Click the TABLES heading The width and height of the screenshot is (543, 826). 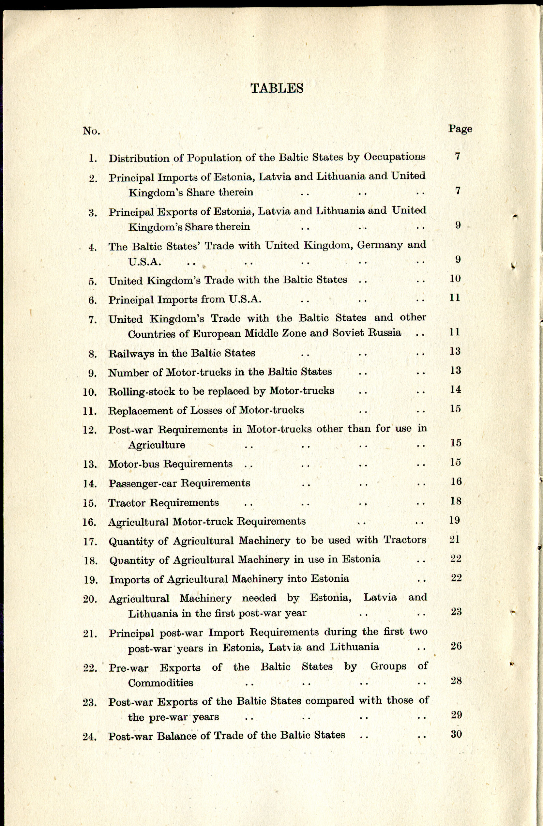pos(277,88)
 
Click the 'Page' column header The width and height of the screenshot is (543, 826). pos(460,129)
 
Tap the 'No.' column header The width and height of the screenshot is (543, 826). pos(91,131)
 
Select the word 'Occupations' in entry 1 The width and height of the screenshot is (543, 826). pos(395,157)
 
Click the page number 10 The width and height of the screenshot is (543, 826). pos(455,279)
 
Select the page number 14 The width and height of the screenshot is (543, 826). pos(455,390)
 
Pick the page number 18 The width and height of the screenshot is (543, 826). pos(456,501)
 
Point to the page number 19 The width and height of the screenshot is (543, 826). pos(455,520)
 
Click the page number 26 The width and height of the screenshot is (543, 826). pos(456,646)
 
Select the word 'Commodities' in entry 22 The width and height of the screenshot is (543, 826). pos(160,683)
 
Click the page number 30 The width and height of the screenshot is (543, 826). pos(456,734)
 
